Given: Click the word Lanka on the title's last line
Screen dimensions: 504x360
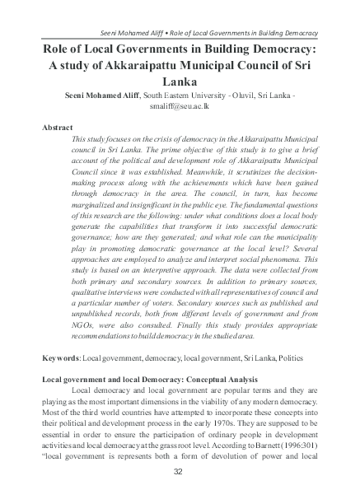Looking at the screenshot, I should click(x=179, y=82).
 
